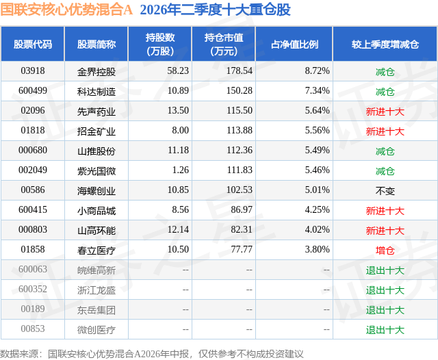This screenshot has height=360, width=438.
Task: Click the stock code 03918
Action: click(x=33, y=71)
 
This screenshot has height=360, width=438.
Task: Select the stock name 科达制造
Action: click(x=96, y=92)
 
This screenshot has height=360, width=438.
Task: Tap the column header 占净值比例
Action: click(x=294, y=44)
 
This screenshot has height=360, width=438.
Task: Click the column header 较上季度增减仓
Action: click(x=385, y=44)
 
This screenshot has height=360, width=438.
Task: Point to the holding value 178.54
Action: click(x=240, y=71)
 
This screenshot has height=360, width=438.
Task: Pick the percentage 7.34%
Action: click(x=317, y=91)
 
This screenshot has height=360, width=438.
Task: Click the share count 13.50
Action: click(x=178, y=111)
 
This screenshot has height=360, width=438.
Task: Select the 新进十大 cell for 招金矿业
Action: click(x=385, y=131)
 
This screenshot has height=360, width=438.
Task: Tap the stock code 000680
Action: click(x=33, y=151)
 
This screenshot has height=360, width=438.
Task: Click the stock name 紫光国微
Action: click(x=96, y=171)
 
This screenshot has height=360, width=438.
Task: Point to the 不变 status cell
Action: click(x=385, y=191)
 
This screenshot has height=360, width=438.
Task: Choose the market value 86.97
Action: click(x=242, y=209)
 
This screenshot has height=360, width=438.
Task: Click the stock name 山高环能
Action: click(x=96, y=231)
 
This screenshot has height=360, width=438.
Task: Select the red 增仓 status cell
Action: click(x=385, y=250)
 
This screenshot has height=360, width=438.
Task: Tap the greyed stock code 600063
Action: click(x=33, y=269)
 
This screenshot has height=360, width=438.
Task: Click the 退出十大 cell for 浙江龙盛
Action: click(x=385, y=290)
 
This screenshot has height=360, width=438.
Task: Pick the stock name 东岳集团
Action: click(x=96, y=310)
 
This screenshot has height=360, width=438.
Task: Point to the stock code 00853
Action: click(x=33, y=329)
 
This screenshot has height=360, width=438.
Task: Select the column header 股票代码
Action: click(x=33, y=44)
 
